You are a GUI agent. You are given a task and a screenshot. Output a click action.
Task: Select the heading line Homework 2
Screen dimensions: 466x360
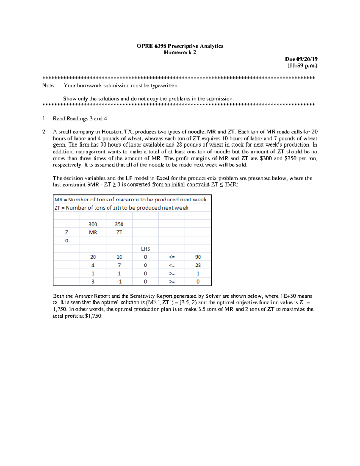tap(180, 53)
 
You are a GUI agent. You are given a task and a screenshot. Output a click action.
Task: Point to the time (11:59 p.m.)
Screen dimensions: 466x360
tap(302, 66)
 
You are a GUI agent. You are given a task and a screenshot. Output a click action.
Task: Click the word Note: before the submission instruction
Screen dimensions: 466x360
tap(49, 86)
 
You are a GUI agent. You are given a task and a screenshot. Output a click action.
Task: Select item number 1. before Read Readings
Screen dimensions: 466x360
tap(44, 119)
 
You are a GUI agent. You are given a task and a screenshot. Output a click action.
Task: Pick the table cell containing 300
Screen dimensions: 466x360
tap(93, 224)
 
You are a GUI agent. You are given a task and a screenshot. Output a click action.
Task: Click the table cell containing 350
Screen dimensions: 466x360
tap(119, 224)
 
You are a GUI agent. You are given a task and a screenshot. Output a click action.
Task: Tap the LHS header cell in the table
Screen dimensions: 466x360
tap(145, 249)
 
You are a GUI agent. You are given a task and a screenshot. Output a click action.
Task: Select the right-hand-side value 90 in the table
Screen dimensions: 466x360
tap(198, 257)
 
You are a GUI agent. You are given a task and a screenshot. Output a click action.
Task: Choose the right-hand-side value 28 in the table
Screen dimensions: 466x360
tap(198, 265)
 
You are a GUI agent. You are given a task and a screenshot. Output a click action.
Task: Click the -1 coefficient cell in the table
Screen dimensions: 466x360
tap(119, 281)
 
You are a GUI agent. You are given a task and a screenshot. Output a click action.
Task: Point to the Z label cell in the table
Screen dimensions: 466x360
tap(67, 232)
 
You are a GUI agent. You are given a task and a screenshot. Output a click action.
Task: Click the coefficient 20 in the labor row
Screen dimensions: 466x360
tap(93, 257)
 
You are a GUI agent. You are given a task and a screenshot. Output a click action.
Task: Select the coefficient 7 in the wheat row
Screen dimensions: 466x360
tap(119, 265)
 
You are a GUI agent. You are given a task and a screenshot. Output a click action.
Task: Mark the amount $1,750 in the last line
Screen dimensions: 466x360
tap(93, 316)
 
